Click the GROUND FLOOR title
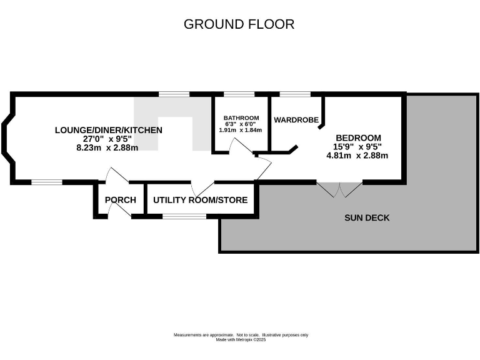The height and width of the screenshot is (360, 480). [x=239, y=24]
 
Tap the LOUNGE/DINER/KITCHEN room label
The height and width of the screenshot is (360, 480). [x=109, y=130]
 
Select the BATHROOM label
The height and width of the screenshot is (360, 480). [x=241, y=117]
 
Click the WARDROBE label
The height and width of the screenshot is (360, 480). [x=296, y=119]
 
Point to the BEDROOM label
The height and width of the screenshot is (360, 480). [x=358, y=137]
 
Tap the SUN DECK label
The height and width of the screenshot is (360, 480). [x=367, y=217]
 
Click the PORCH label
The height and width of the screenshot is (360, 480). [x=121, y=200]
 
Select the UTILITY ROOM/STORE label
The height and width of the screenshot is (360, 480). [x=200, y=200]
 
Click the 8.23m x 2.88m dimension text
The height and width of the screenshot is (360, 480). [x=106, y=147]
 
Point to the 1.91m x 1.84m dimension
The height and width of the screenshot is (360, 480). [x=241, y=130]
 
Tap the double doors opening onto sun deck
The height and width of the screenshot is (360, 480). [x=339, y=189]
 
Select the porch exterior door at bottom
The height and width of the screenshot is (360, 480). [x=119, y=212]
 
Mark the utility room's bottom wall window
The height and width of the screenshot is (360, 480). [x=184, y=216]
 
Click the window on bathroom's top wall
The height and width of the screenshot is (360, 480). [x=239, y=94]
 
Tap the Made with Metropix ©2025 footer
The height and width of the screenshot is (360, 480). [x=241, y=339]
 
